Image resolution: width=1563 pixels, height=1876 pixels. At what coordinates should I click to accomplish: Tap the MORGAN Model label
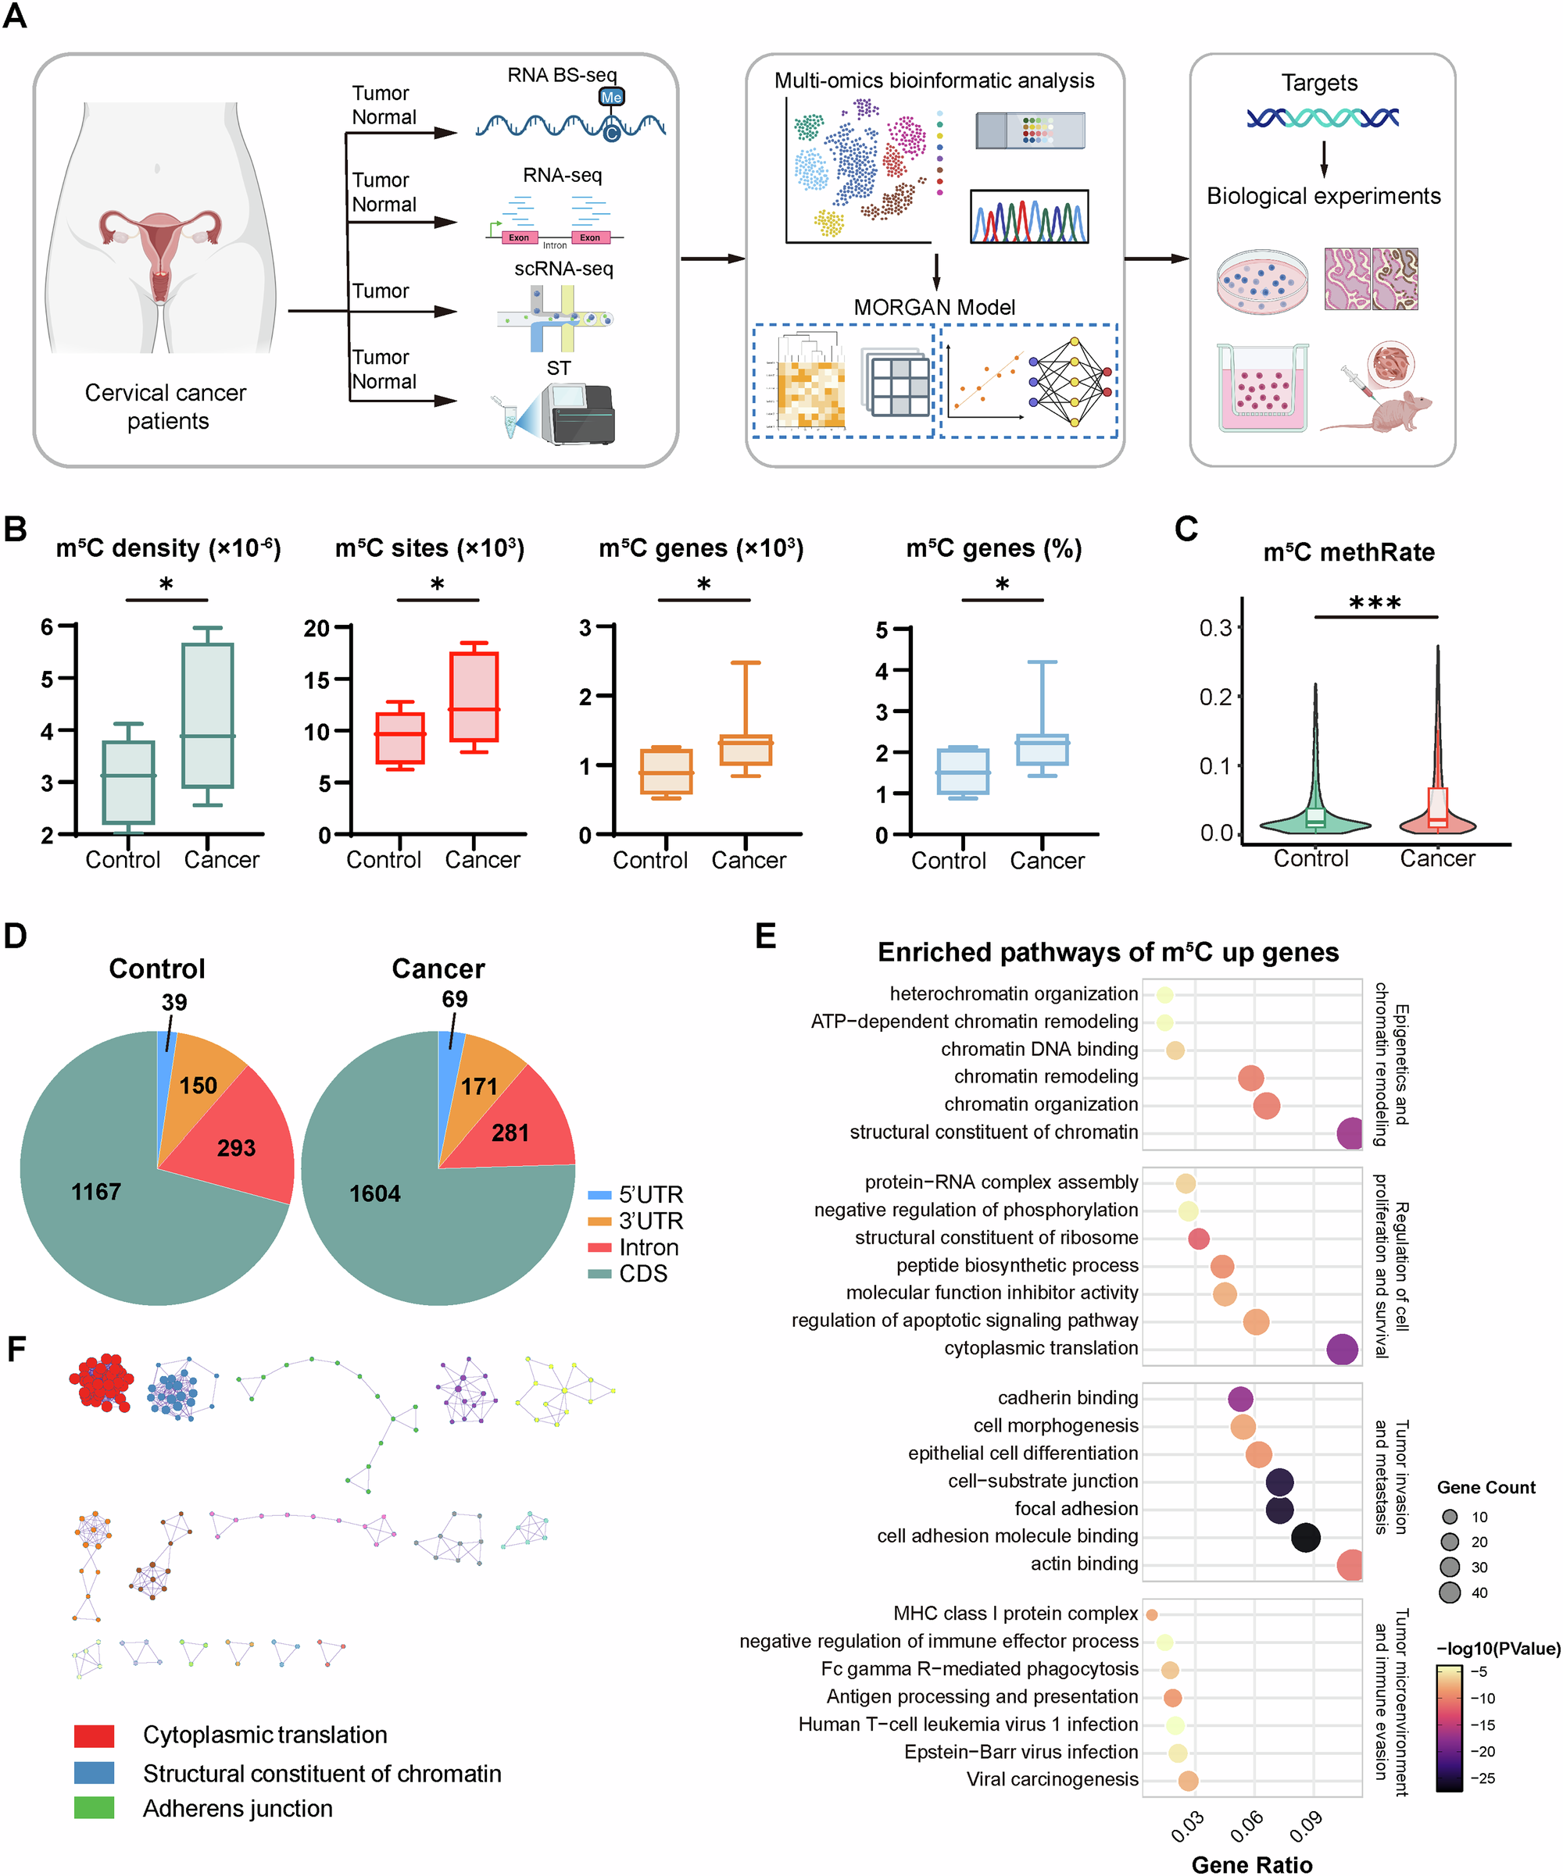tap(934, 307)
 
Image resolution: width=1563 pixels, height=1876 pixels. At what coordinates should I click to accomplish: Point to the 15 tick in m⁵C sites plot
tap(317, 679)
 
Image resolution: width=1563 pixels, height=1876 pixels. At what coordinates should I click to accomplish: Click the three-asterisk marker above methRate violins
tap(1375, 603)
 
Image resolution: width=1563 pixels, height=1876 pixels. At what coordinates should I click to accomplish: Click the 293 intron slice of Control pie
tap(236, 1147)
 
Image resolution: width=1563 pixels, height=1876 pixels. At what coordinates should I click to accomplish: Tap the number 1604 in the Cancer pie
tap(374, 1193)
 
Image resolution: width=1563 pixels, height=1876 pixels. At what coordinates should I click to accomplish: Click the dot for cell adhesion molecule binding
tap(1306, 1537)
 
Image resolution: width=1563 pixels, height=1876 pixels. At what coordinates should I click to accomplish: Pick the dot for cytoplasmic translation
tap(1341, 1349)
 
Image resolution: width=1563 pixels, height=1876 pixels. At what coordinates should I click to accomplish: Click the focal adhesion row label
tap(1075, 1509)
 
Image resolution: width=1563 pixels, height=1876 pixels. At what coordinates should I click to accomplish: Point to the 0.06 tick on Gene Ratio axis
tap(1246, 1826)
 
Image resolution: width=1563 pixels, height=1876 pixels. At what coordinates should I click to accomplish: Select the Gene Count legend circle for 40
tap(1450, 1592)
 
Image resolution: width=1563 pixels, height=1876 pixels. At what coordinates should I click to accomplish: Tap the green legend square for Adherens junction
tap(94, 1808)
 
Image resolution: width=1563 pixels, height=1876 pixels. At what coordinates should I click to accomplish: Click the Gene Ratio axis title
tap(1251, 1864)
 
